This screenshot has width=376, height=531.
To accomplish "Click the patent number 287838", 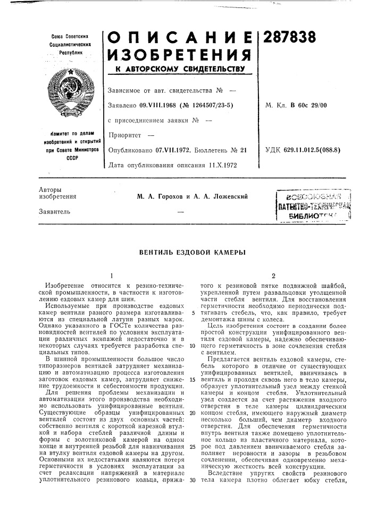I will click(x=287, y=38).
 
